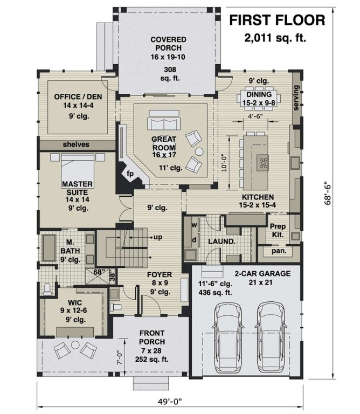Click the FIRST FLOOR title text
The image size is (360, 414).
pos(277,20)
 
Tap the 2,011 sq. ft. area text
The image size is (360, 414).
pos(277,38)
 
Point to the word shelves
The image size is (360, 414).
pos(76,144)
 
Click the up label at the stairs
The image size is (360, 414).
pos(158,237)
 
